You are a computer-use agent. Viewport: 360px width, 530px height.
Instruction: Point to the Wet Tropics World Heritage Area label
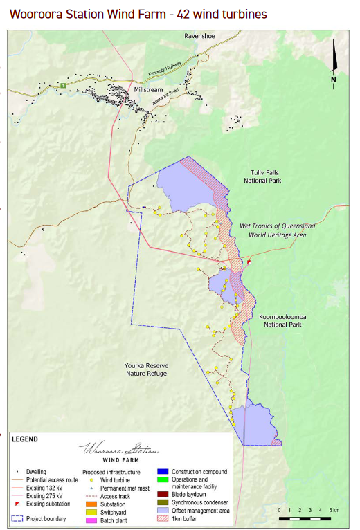276,230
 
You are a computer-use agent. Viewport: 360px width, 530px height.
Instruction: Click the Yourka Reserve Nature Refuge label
147,369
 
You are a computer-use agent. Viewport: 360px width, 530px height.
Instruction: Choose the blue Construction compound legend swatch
163,472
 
